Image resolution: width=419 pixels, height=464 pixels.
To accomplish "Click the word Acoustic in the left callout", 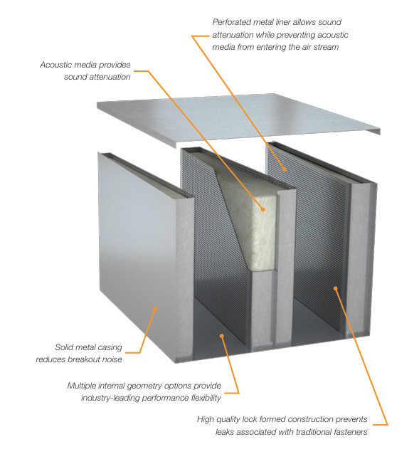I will coord(58,65).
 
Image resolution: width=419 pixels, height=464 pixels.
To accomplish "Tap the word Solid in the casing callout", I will coord(67,347).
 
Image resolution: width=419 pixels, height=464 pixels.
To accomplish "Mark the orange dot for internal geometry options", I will coord(222,334).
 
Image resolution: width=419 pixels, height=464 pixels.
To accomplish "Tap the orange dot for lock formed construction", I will coord(334,288).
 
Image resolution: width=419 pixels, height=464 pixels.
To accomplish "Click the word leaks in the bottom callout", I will coord(226,431).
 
